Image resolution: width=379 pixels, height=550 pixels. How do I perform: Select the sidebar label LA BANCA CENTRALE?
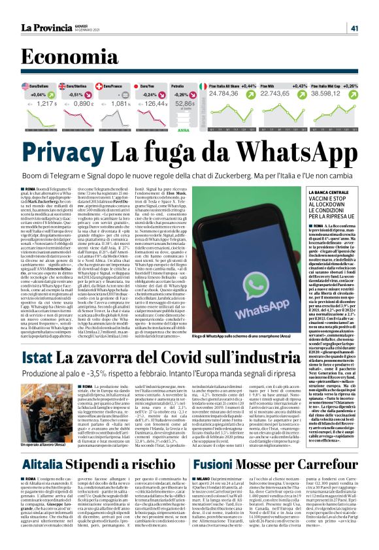point(316,193)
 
